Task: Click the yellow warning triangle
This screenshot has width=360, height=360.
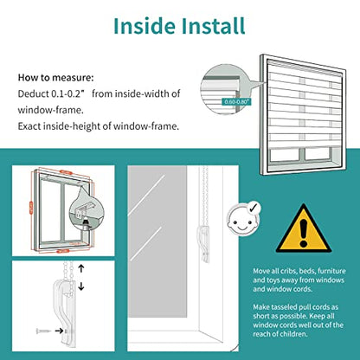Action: [303, 228]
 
